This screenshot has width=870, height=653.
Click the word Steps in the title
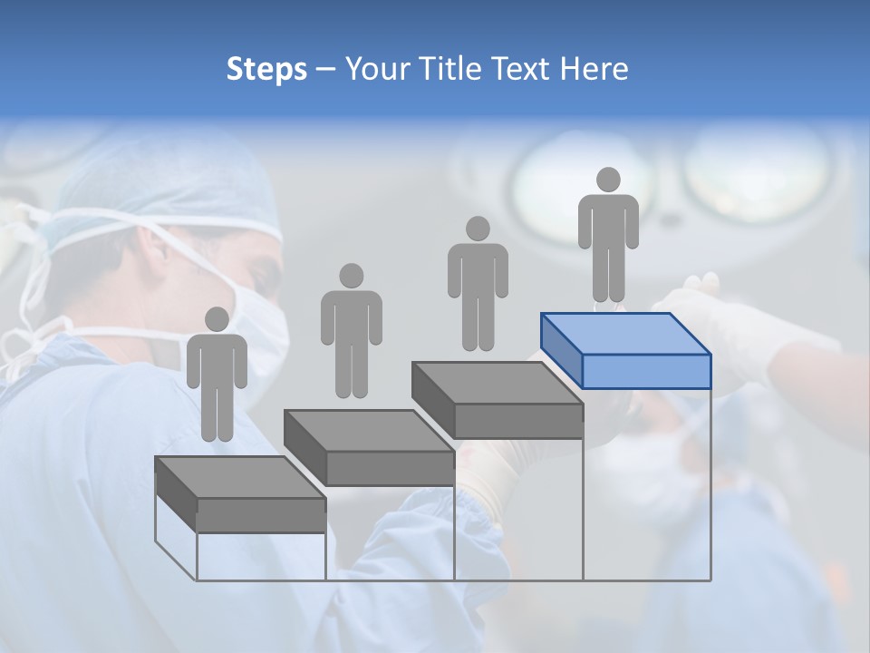coord(266,69)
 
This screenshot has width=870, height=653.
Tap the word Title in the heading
coord(449,69)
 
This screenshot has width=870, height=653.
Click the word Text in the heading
coord(520,69)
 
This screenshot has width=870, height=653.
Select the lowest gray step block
coord(241,494)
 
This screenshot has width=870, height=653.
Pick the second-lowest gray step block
coord(370,447)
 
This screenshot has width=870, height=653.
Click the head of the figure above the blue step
coord(608,180)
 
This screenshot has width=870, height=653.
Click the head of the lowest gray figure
coord(217,319)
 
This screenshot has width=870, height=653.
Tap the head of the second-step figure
coord(351,276)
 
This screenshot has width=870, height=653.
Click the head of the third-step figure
coord(478,228)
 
